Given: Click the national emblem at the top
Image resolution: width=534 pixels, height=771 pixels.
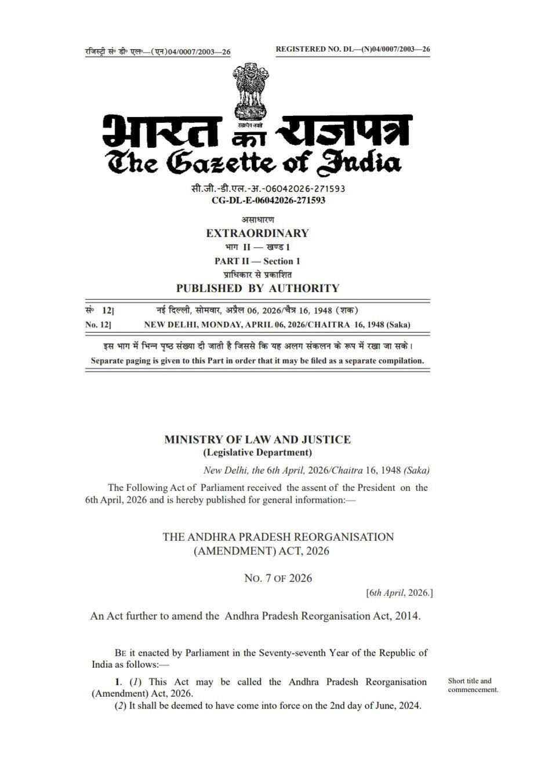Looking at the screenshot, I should coord(250,93).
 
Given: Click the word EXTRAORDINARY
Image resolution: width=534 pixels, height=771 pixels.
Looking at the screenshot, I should coord(257,234).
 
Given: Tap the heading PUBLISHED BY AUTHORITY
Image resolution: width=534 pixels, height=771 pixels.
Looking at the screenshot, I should coord(257,288).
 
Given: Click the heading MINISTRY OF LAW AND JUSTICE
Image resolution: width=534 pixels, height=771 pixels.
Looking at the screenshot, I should coord(257,439).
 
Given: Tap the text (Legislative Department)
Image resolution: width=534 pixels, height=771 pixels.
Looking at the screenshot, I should coord(257,453).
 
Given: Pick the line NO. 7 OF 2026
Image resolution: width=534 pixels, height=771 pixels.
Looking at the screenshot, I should coord(278,578).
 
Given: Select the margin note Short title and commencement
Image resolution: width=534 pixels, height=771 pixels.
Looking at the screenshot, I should coord(473,685).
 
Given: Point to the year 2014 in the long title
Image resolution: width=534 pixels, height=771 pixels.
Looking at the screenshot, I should coord(406,616).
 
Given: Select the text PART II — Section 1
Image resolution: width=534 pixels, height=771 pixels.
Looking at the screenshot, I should coord(257,261).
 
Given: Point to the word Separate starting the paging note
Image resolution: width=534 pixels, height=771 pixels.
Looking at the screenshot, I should coord(108,361).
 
